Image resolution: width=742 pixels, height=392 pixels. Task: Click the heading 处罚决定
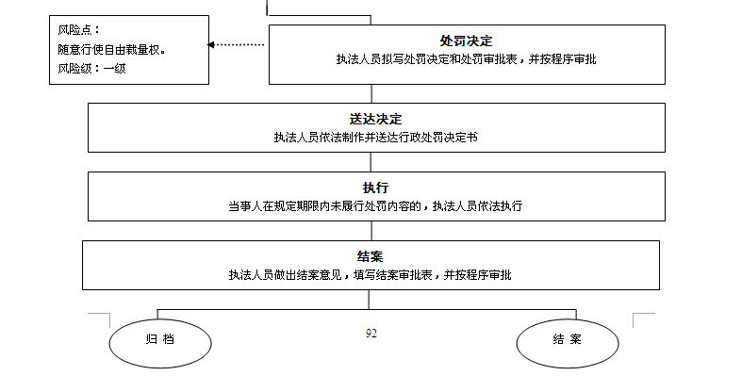466,41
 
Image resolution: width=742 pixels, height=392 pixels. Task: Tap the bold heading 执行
375,188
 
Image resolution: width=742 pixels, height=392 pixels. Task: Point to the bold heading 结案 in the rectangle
370,256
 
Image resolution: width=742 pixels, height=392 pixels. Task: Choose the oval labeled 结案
568,340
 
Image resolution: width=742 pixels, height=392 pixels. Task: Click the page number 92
371,333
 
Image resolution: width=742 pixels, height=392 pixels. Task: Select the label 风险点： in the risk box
80,30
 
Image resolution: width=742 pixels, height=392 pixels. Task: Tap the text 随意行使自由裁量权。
112,49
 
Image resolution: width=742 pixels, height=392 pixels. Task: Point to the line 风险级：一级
91,68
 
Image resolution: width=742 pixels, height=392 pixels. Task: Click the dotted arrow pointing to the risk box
240,44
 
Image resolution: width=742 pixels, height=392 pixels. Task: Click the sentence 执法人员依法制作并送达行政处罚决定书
375,137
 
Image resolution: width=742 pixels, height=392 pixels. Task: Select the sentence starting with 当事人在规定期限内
375,205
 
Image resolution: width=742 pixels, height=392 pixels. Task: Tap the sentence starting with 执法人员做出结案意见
370,274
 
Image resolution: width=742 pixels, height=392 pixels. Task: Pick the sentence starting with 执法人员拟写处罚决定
466,59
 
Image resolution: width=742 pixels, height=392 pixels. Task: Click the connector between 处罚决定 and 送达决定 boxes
371,93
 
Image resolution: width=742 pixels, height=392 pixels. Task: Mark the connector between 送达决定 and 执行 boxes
371,162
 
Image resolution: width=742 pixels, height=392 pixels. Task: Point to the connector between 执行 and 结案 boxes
371,231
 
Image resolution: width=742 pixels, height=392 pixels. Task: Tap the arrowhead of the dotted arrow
212,44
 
